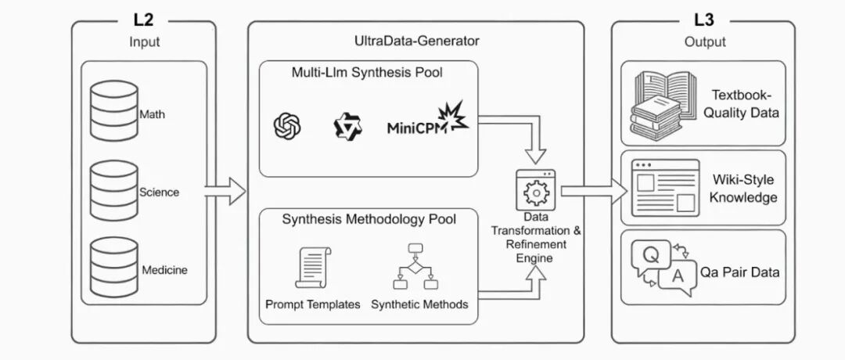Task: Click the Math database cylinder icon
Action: (113, 110)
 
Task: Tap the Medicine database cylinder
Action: (113, 268)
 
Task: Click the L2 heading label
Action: (143, 20)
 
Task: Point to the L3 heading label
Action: (704, 20)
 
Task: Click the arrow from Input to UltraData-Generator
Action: (225, 191)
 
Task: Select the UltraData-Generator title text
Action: (416, 41)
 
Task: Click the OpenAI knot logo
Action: (287, 125)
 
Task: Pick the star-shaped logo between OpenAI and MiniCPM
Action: (347, 126)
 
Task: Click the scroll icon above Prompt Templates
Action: (313, 268)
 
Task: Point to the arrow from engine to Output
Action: (595, 191)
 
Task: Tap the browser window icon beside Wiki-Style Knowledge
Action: (666, 188)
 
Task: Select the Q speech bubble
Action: (651, 258)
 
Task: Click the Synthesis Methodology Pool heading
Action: (369, 219)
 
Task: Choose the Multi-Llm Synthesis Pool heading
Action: (367, 72)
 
